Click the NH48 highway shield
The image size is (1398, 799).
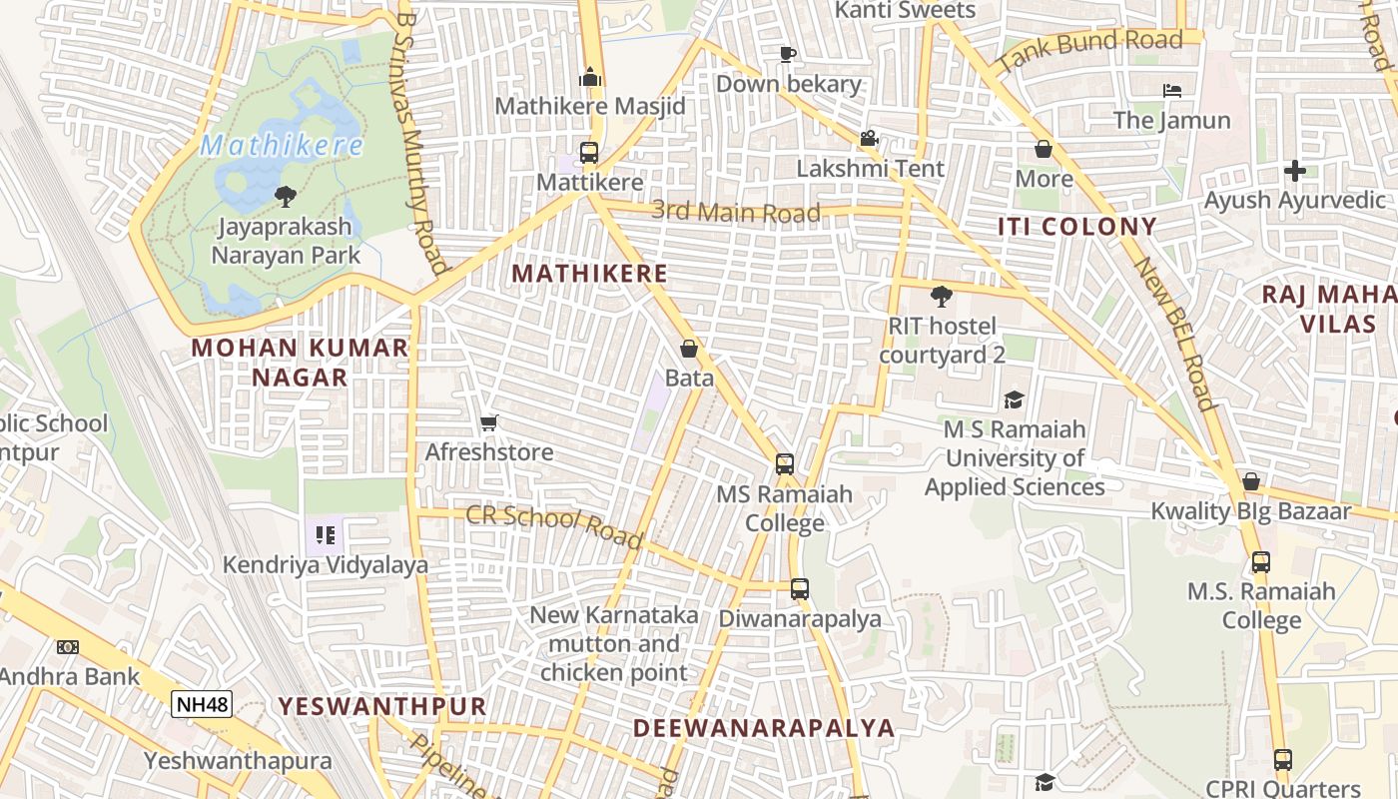coord(202,704)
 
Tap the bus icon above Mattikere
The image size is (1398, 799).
coord(589,153)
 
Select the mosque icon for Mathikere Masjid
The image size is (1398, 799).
coord(590,77)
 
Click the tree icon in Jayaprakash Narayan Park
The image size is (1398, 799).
coord(286,195)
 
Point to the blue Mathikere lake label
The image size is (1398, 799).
coord(282,146)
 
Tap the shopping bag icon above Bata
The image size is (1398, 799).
coord(689,349)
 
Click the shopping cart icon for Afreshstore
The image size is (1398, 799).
coord(488,423)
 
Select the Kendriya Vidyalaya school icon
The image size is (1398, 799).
coord(325,536)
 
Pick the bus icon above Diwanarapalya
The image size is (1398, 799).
coord(800,589)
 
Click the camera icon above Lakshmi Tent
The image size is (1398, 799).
coord(870,139)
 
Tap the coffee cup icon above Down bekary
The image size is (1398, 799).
coord(788,54)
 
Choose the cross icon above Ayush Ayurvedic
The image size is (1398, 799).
coord(1295,171)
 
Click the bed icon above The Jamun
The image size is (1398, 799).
coord(1172,91)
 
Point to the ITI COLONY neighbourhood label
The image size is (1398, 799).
coord(1077,227)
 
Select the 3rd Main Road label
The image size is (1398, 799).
coord(736,212)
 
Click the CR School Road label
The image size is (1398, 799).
coord(554,526)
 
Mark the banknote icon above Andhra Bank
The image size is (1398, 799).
coord(67,647)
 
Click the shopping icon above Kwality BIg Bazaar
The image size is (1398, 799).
coord(1250,482)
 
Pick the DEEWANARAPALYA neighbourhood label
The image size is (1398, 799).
coord(764,727)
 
